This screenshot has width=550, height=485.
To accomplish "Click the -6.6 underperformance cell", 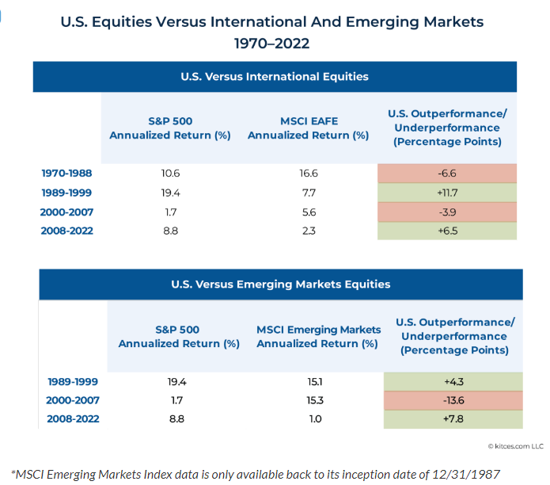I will tap(447, 174).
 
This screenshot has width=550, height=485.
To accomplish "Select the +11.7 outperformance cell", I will tap(447, 193).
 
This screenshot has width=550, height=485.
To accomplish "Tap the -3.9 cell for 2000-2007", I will tap(447, 212).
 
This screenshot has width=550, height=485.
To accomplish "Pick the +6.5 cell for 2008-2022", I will tap(447, 231).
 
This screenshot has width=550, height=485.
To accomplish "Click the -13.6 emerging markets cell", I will tap(453, 400).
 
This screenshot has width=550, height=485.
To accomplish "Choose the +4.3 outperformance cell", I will tap(453, 380).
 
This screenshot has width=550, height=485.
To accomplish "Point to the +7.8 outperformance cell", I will tap(453, 420).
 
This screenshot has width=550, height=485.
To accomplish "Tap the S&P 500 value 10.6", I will tap(169, 174).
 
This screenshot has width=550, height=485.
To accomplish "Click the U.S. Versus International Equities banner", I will tap(275, 77).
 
